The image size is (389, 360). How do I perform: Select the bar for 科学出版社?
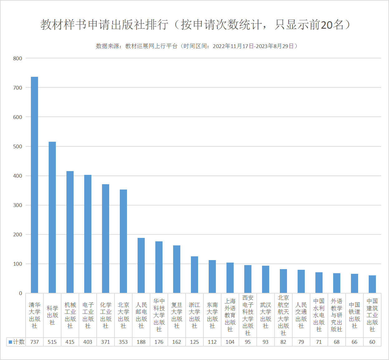tap(52, 217)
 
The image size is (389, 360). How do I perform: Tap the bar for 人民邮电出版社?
tap(141, 265)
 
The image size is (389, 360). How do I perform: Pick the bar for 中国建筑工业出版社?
tap(372, 284)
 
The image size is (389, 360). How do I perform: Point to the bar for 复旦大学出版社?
tap(177, 269)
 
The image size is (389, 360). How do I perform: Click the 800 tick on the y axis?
tap(18, 58)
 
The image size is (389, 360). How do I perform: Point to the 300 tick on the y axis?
tap(18, 205)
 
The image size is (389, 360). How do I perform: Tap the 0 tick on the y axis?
tap(21, 293)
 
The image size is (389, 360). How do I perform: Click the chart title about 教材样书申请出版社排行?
tap(195, 25)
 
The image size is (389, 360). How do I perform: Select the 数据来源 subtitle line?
tap(197, 46)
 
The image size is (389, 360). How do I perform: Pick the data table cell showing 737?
tap(34, 342)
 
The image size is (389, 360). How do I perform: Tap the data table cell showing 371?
tap(105, 342)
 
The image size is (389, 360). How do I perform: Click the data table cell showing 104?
tap(230, 342)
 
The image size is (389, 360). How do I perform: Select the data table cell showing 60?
tap(372, 342)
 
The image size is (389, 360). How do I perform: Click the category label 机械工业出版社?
tap(70, 315)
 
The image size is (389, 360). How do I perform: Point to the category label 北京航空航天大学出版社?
tap(283, 315)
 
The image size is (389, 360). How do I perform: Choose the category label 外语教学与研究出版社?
tap(337, 315)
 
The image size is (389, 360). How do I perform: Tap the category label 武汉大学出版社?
tap(265, 315)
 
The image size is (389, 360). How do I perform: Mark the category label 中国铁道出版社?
tap(354, 315)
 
